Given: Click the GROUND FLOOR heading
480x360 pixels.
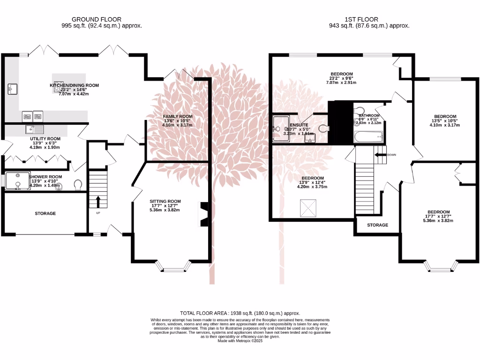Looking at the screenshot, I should [x=102, y=19].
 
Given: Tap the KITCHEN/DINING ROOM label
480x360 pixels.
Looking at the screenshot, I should [x=75, y=85].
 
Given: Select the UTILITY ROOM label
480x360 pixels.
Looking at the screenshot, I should [x=45, y=139].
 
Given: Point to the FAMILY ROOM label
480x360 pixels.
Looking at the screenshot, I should [x=177, y=116].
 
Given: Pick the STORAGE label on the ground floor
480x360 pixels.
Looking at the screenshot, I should [x=45, y=213].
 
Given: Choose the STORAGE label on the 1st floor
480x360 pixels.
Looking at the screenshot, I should [x=377, y=225].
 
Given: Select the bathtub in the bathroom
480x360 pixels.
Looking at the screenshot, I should [x=368, y=137].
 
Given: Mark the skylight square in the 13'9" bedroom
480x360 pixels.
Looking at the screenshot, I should [x=308, y=208].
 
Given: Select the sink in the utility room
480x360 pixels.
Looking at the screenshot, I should [x=34, y=129].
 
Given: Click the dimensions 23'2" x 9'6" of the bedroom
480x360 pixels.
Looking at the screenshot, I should [x=341, y=78].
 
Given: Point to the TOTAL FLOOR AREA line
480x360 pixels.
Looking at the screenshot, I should [x=240, y=313].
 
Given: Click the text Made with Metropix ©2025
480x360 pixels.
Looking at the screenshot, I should [x=240, y=341].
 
